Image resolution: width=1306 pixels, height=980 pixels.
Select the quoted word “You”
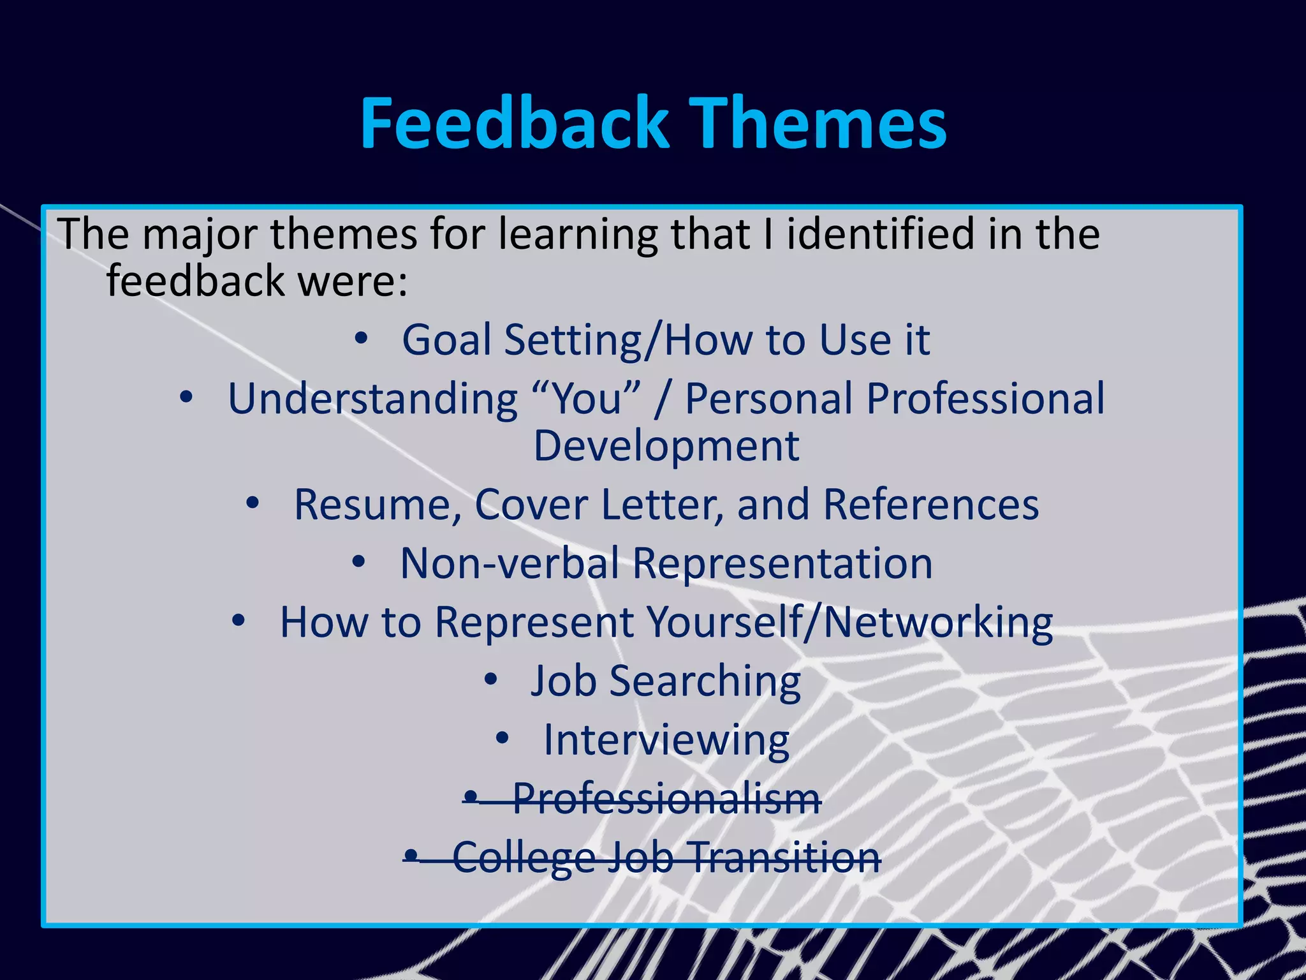pyautogui.click(x=587, y=399)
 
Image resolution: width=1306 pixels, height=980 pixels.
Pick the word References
pyautogui.click(x=930, y=505)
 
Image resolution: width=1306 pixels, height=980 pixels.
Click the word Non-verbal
pyautogui.click(x=510, y=563)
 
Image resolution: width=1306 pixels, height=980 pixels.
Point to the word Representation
pyautogui.click(x=782, y=563)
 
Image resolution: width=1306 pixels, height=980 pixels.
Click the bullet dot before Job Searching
pyautogui.click(x=490, y=680)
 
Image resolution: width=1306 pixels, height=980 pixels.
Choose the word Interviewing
pyautogui.click(x=666, y=740)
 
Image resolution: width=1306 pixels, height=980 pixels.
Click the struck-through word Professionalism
pyautogui.click(x=666, y=798)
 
